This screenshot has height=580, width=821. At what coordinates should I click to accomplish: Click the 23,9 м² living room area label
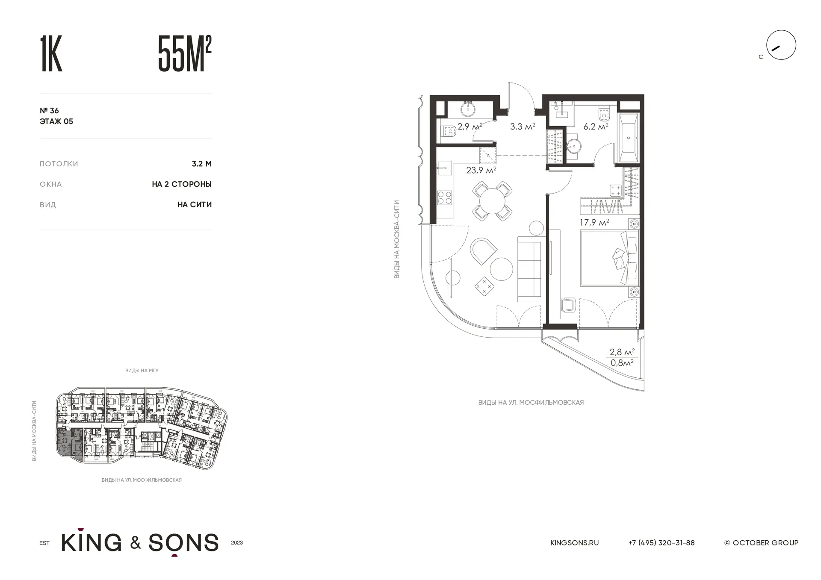tap(481, 170)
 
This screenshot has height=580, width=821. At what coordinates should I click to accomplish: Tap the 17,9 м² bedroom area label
tap(594, 223)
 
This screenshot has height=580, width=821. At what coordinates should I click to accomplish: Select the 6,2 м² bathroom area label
tap(596, 127)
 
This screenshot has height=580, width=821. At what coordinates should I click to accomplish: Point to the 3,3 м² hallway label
tap(523, 127)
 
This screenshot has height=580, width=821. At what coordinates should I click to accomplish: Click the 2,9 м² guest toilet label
tap(470, 127)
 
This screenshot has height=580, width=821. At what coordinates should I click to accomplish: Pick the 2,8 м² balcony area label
tap(622, 352)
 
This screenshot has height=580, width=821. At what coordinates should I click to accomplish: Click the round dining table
tap(492, 201)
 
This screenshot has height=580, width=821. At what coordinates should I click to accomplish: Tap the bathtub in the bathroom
tap(628, 138)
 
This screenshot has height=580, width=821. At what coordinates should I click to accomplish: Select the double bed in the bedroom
tap(609, 258)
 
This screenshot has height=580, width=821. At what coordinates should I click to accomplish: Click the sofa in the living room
tap(530, 269)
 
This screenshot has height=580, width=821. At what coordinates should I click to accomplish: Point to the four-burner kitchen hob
tap(445, 197)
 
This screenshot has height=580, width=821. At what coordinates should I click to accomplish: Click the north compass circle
tap(781, 45)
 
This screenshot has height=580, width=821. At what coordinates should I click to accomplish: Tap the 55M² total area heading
tap(185, 54)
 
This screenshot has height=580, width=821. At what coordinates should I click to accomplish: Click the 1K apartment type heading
tap(51, 54)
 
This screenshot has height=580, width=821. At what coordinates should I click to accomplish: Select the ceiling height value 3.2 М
tap(202, 164)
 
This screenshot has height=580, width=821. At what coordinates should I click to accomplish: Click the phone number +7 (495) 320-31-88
tap(662, 543)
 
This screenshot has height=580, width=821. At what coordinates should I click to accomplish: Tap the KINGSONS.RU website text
tap(574, 543)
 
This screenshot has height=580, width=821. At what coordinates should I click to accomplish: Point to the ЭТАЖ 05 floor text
tap(56, 121)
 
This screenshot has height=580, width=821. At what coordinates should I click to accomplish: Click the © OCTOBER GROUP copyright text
tap(762, 543)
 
